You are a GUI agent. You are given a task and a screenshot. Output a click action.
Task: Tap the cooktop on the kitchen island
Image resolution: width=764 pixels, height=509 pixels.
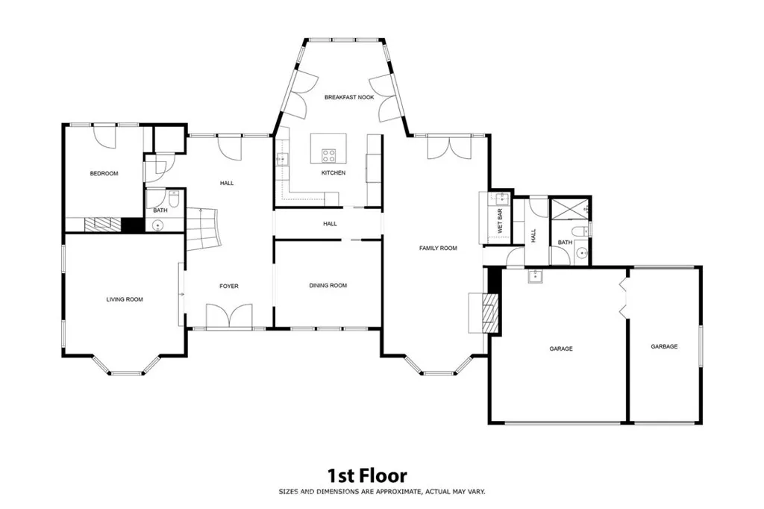tap(329, 155)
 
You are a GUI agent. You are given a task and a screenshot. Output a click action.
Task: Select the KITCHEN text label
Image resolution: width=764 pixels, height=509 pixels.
tap(334, 173)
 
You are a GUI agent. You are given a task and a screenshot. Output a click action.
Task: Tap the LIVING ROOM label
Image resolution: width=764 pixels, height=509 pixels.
tap(124, 299)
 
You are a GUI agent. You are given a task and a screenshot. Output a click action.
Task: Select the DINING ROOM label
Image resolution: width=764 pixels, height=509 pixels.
tap(328, 285)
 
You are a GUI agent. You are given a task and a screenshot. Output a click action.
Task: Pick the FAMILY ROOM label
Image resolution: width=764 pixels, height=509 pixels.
tap(438, 248)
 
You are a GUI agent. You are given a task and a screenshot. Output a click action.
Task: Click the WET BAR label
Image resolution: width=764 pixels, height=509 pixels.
tap(500, 222)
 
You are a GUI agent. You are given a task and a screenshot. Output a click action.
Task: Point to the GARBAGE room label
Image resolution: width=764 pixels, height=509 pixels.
tap(664, 346)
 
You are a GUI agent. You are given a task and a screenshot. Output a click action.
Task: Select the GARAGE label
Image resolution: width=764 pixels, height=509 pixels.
tap(561, 349)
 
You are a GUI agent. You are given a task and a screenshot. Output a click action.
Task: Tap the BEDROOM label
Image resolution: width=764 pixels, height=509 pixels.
tap(104, 173)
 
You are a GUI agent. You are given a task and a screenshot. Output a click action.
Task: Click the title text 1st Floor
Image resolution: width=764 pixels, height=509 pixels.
tap(367, 475)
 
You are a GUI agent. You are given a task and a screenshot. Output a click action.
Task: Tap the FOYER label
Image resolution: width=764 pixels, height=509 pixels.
tap(228, 286)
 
